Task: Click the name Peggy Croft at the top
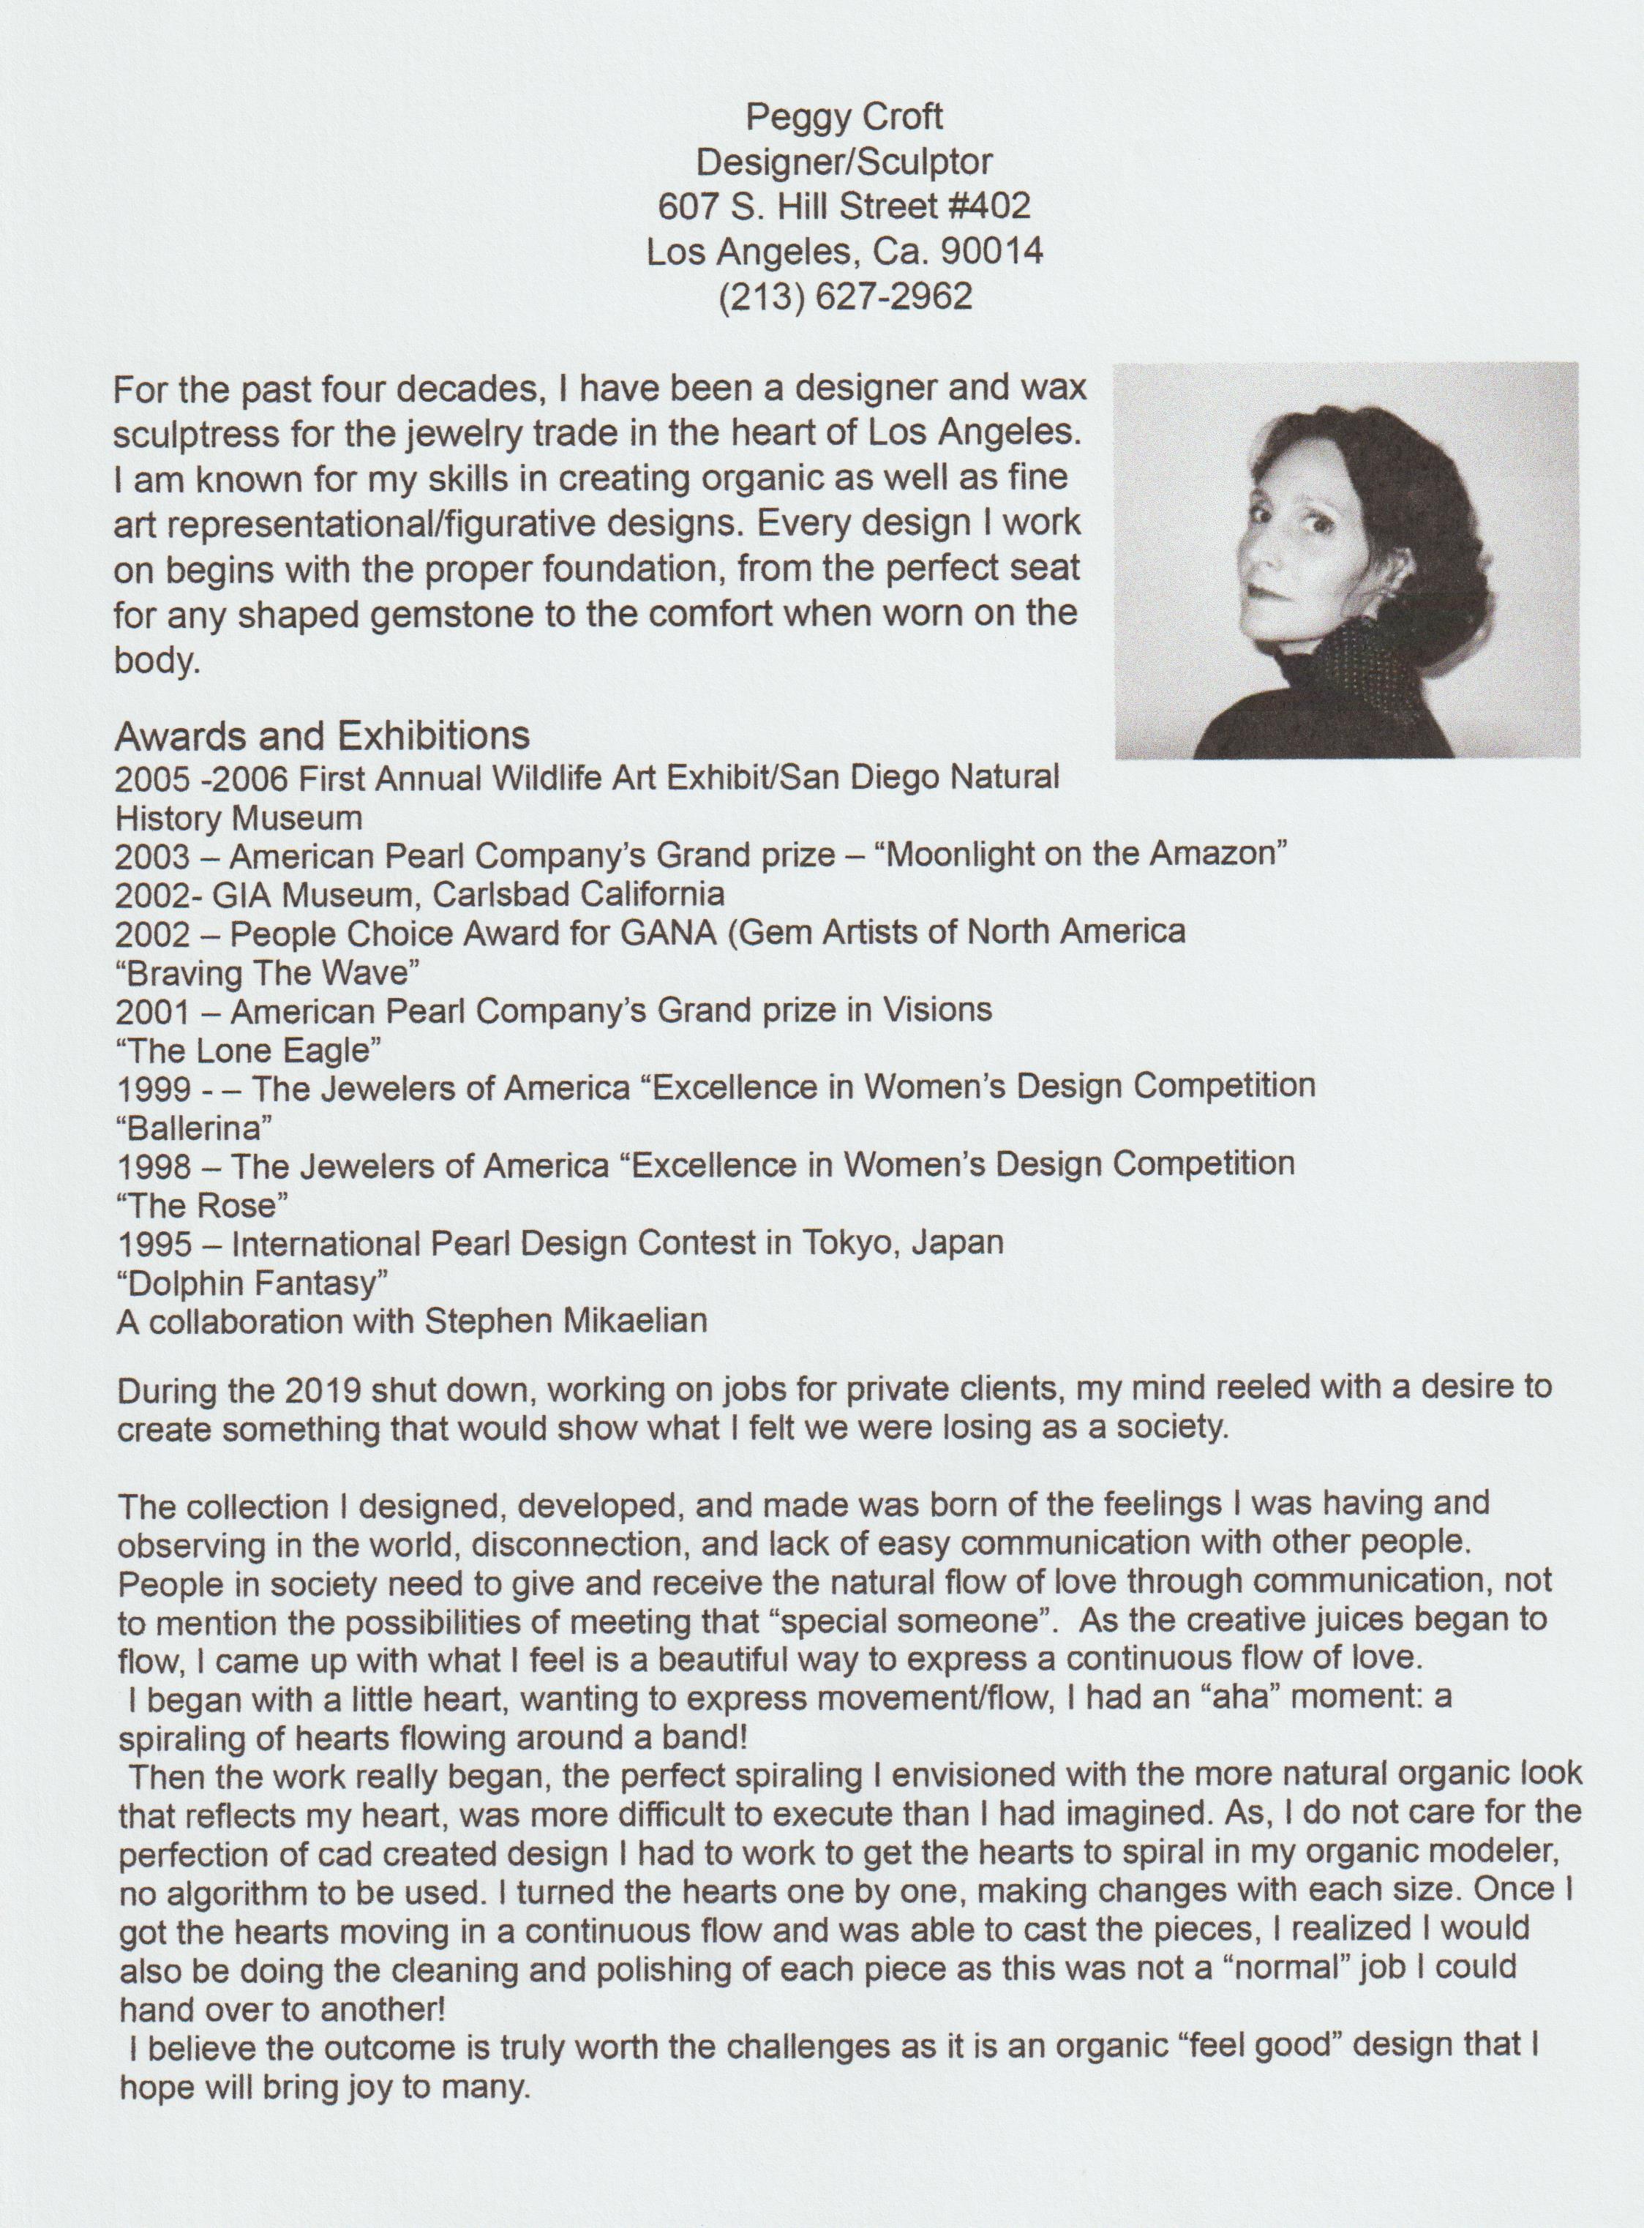pyautogui.click(x=844, y=117)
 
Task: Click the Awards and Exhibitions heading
pyautogui.click(x=323, y=736)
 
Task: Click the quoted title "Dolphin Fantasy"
pyautogui.click(x=252, y=1283)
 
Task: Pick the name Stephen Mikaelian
pyautogui.click(x=566, y=1321)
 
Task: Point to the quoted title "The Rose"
pyautogui.click(x=202, y=1205)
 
